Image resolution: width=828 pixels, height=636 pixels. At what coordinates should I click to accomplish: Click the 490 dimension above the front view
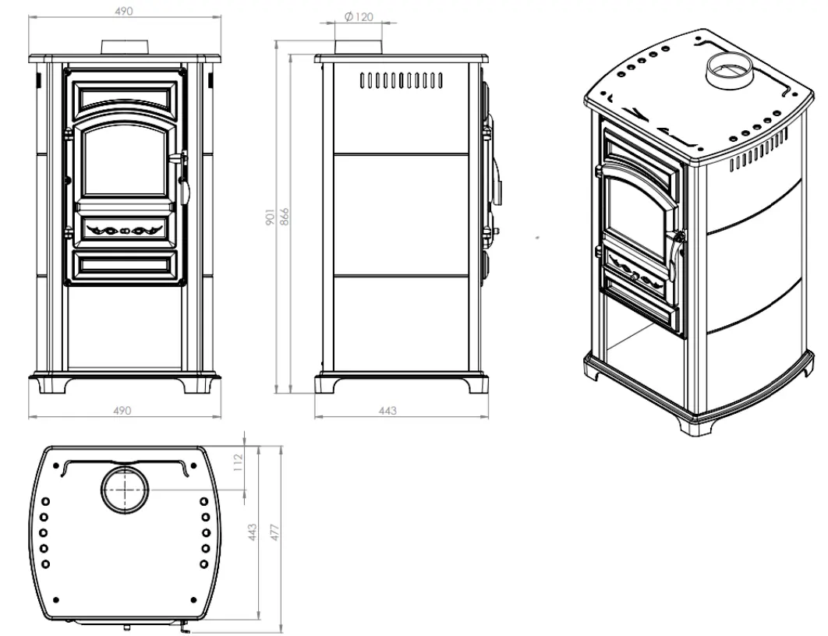coord(123,11)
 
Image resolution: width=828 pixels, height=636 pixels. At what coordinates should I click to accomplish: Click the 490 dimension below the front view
coord(122,411)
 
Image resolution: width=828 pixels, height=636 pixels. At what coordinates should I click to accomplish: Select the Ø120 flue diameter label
coord(359,17)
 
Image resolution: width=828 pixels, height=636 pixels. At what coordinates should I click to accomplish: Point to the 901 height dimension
coord(270,217)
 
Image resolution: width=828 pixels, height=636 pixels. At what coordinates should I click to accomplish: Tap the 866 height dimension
coord(284,217)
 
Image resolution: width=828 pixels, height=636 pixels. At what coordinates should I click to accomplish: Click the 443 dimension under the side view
coord(387,411)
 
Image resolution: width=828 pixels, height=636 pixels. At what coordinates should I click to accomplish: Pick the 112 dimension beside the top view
coord(238,462)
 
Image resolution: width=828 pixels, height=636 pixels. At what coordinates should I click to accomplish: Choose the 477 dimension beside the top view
coord(274,532)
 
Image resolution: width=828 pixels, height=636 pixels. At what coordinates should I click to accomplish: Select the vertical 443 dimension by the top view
coord(253,532)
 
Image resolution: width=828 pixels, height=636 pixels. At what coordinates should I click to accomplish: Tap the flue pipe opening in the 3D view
coord(729,68)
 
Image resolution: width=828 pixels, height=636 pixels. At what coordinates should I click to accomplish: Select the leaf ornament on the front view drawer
coord(122,230)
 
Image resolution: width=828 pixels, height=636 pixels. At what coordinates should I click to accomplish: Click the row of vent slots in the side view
coord(402,80)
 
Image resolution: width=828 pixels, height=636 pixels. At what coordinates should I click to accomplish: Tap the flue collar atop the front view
coord(126,46)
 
